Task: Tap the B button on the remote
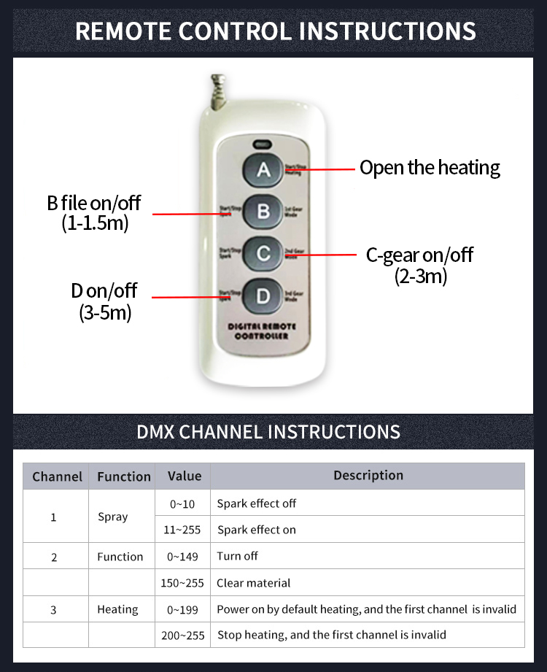[x=263, y=212]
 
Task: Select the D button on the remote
[x=263, y=296]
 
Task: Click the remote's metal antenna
[x=217, y=93]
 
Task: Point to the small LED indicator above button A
[x=262, y=143]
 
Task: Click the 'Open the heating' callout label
[x=430, y=168]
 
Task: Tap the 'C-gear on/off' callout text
[x=419, y=255]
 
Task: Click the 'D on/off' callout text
[x=104, y=290]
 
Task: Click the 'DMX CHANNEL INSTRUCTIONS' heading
[x=268, y=431]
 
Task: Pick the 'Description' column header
[x=368, y=476]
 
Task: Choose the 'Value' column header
[x=184, y=476]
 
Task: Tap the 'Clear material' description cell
[x=254, y=583]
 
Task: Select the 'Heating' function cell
[x=117, y=609]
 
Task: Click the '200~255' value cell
[x=183, y=636]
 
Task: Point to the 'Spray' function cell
[x=112, y=517]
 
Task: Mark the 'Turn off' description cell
[x=238, y=556]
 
